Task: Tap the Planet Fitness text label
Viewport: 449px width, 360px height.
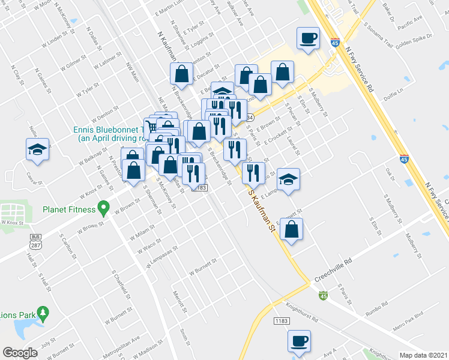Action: click(69, 209)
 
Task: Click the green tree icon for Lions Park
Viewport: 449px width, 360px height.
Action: click(43, 313)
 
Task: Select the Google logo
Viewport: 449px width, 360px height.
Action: click(20, 353)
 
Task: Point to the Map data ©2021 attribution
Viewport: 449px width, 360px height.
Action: click(424, 355)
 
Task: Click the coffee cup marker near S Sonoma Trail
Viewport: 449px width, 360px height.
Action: click(309, 39)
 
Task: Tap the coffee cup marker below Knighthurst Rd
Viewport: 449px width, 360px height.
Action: click(298, 341)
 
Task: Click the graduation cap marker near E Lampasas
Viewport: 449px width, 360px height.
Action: click(289, 179)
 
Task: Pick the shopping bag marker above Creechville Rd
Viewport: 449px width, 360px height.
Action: click(291, 229)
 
